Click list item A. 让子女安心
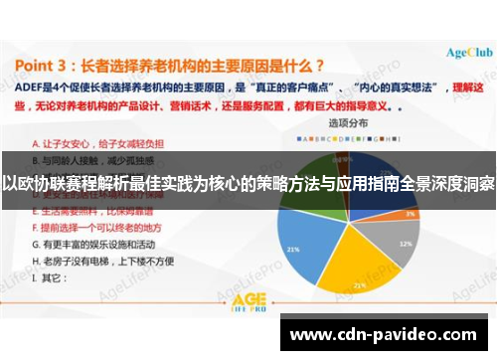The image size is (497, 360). (x=84, y=143)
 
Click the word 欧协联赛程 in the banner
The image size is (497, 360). (x=50, y=183)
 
